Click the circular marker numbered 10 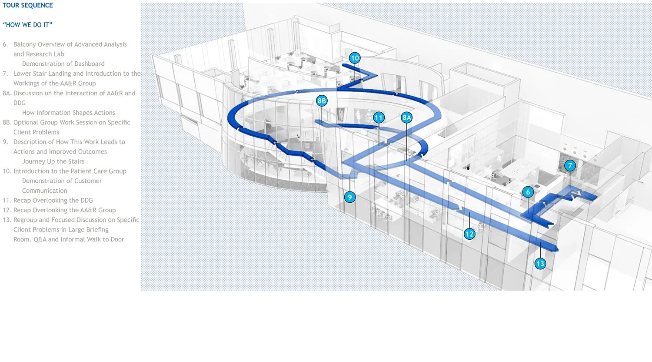(355, 58)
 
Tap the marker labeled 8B (321, 101)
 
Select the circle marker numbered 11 (379, 117)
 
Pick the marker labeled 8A (406, 117)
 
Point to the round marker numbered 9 (350, 197)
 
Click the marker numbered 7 (570, 165)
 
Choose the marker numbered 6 (528, 192)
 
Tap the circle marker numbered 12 (469, 234)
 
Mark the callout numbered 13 (540, 264)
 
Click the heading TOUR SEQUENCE (28, 5)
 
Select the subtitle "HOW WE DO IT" (28, 25)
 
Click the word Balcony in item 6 (25, 44)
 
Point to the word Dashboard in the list (89, 64)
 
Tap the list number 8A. (7, 93)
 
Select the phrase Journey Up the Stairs (53, 161)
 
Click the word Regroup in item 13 (26, 220)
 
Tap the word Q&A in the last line (40, 239)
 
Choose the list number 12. (7, 210)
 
